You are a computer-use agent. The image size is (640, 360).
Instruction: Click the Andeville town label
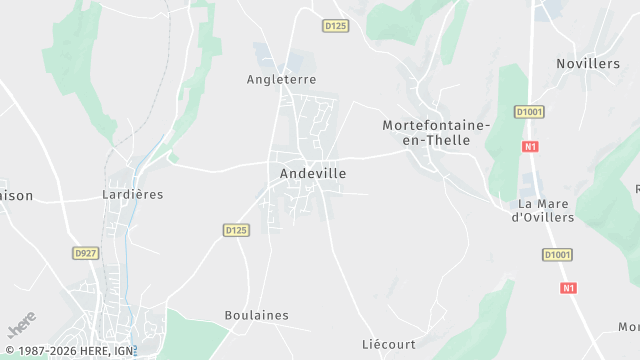coord(313,173)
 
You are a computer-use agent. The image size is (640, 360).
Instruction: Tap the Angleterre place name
coord(281,79)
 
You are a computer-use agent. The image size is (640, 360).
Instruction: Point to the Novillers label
coord(588,64)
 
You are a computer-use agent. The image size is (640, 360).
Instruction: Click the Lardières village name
coord(132,194)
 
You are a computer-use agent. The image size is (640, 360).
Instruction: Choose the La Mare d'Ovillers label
coord(543,210)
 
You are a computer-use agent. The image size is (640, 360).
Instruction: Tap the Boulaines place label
coord(256,315)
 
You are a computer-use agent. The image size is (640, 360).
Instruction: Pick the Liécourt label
coord(388,344)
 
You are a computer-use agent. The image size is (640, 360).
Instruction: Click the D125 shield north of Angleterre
coord(336,26)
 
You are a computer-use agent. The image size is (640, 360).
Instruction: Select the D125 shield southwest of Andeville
coord(235,230)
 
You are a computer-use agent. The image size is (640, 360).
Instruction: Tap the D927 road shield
coord(86,254)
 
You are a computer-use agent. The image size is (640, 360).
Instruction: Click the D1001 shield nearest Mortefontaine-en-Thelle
coord(529,112)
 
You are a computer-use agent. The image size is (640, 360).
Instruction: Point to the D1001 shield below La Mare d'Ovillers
coord(557,255)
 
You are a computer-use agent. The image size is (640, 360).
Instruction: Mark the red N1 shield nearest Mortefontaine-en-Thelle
coord(530,146)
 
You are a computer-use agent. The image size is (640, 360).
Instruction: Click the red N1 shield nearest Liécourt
coord(568,288)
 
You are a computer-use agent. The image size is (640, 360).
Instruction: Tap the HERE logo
coord(21,325)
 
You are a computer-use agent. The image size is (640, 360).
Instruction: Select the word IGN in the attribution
coord(123,351)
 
